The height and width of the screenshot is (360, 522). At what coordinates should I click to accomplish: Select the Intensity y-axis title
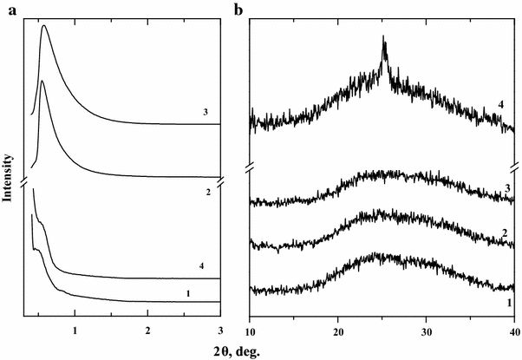tap(8, 178)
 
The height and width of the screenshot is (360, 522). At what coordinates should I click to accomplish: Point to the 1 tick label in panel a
tap(75, 331)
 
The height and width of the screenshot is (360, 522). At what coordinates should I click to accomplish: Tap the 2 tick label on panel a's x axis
tap(148, 331)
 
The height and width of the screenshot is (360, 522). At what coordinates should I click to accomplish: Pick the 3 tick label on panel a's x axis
tap(220, 331)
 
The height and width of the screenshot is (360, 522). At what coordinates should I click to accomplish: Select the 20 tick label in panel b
tap(338, 331)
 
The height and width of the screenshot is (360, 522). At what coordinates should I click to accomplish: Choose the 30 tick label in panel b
tap(426, 331)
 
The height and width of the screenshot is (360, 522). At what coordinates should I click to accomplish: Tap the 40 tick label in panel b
tap(513, 331)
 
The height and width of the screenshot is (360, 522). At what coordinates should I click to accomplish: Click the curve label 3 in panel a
tap(203, 112)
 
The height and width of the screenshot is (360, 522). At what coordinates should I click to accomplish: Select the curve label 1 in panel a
tap(188, 293)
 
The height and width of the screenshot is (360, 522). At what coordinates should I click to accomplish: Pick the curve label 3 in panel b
tap(506, 188)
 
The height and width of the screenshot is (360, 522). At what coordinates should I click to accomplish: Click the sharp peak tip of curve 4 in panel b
tap(384, 38)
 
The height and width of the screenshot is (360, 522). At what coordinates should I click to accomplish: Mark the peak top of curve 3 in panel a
tap(44, 26)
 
